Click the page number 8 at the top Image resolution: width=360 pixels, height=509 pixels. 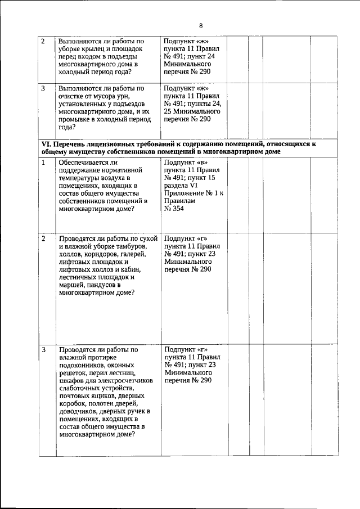[x=200, y=25]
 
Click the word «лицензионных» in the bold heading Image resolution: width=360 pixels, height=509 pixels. [x=106, y=144]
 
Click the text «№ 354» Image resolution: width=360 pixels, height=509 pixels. [x=175, y=209]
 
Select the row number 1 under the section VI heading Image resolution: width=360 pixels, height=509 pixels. [x=44, y=163]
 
